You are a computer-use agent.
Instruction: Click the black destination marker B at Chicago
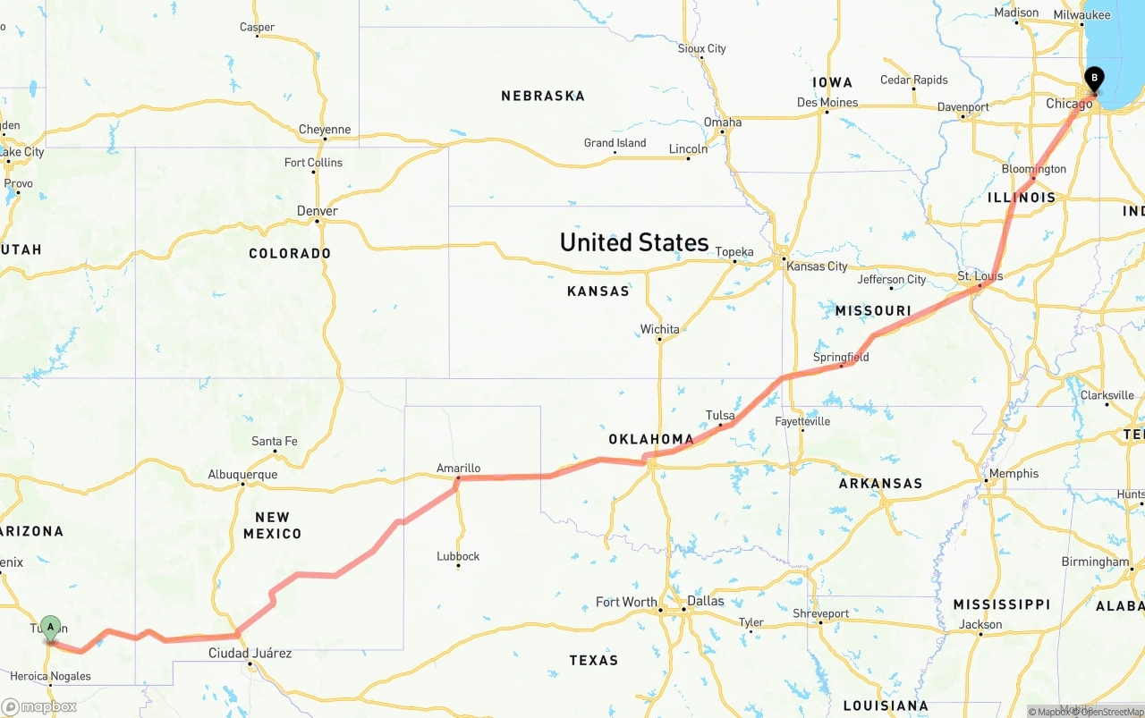1093,80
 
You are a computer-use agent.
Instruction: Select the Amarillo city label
458,468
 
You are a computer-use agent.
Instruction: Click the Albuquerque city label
242,474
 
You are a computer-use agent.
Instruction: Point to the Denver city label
318,211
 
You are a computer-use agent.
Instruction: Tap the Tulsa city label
720,415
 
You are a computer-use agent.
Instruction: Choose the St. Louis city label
980,276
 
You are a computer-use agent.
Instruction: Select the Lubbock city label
458,555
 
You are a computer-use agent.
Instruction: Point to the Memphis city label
1014,473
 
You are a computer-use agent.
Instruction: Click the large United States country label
633,242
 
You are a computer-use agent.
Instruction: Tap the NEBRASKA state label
542,96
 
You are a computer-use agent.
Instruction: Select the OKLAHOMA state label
651,439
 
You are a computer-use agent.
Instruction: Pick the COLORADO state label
290,253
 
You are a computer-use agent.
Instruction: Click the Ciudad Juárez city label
250,653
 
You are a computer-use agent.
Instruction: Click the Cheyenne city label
325,130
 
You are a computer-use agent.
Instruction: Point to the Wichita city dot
660,340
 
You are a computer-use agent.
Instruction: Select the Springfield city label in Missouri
841,357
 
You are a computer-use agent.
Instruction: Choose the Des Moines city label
827,102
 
